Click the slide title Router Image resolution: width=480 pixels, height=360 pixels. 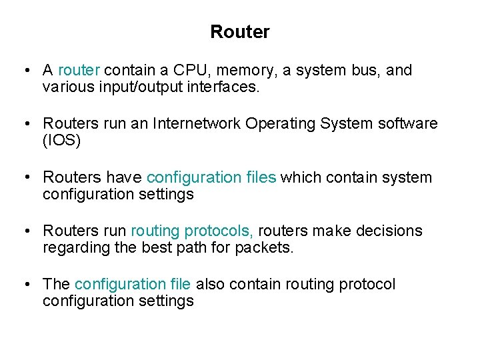click(239, 31)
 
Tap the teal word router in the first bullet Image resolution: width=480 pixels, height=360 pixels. click(79, 70)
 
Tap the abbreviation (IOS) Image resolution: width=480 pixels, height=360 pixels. click(61, 140)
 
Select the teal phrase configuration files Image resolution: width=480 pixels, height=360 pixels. click(211, 177)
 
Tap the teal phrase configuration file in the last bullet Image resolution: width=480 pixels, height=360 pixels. click(133, 284)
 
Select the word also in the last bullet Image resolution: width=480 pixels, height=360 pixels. click(211, 284)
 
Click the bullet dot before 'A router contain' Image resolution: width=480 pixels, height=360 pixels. click(25, 70)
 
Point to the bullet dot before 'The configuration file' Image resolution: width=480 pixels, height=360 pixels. click(25, 284)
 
